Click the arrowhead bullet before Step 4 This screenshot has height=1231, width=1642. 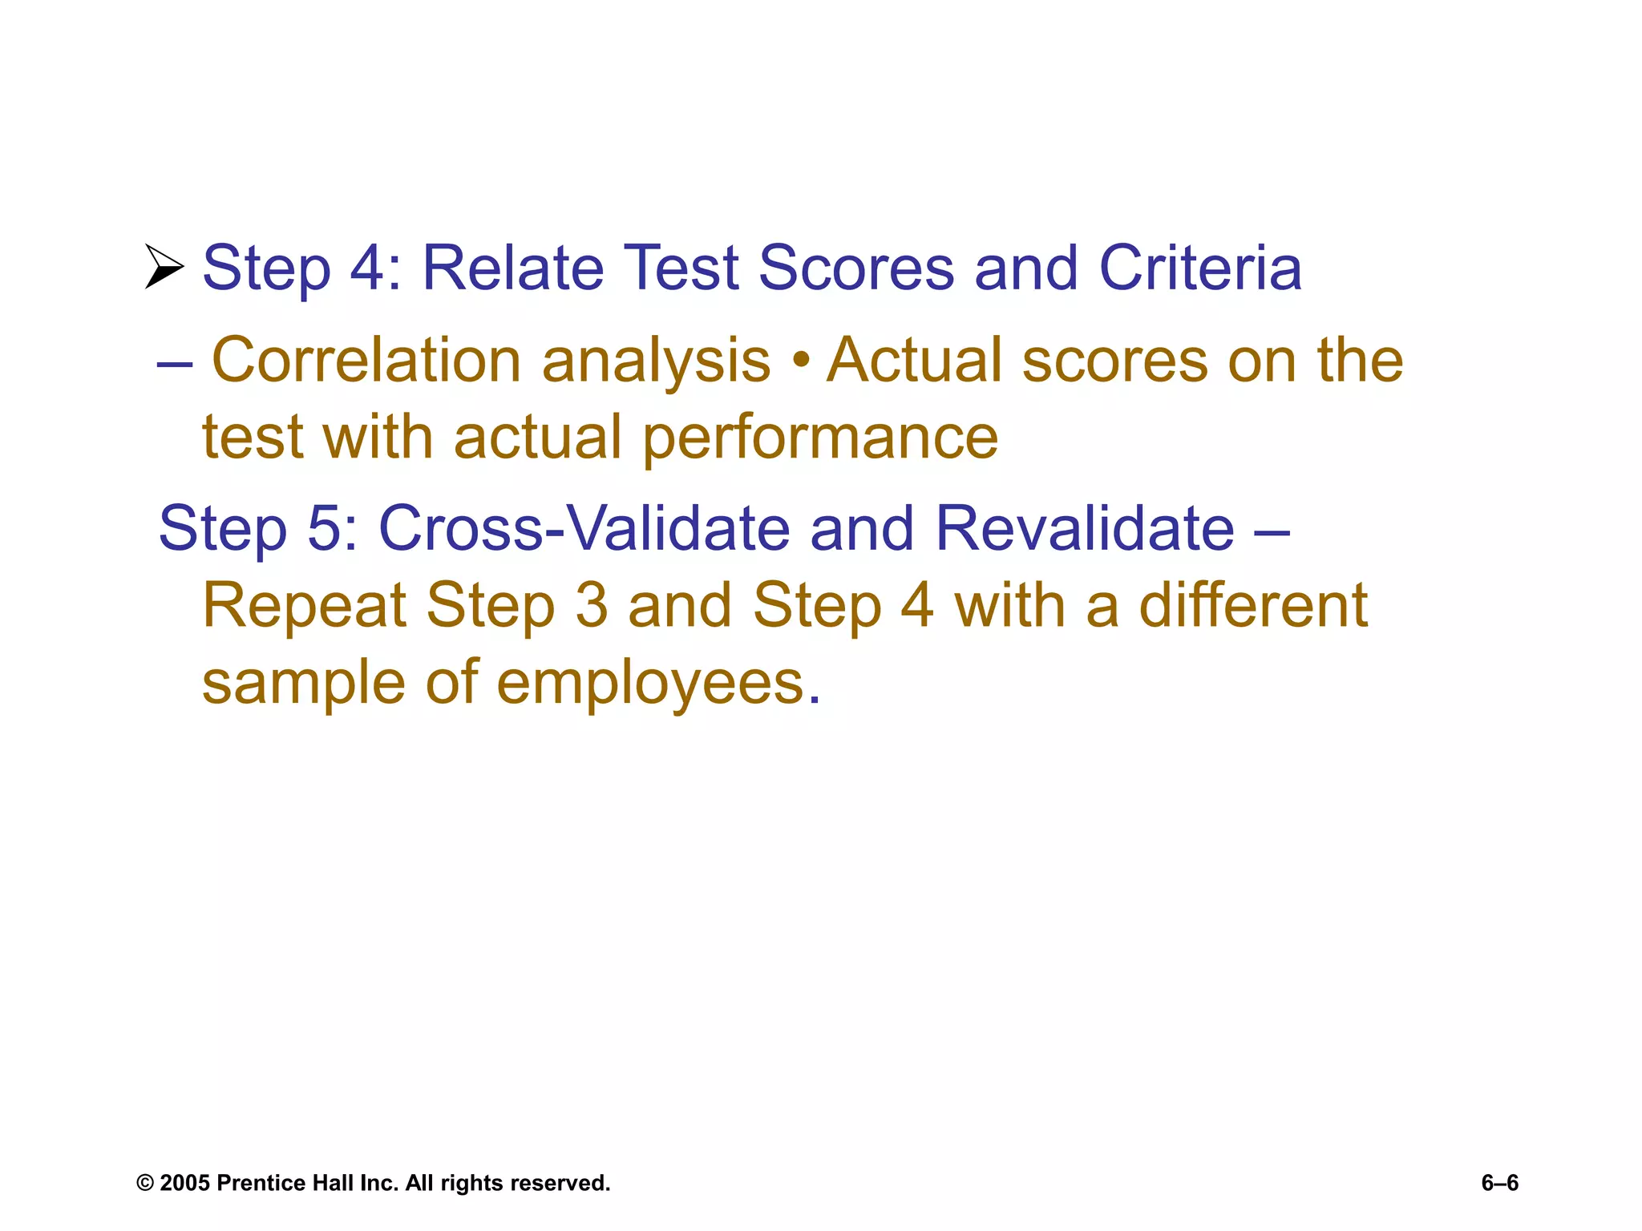(x=164, y=266)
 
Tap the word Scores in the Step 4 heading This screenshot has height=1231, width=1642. (x=856, y=268)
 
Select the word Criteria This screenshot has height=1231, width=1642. (x=1200, y=268)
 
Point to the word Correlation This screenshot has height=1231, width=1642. (x=366, y=361)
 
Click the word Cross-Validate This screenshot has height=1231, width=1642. (x=584, y=528)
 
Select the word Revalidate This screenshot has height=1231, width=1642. (x=1084, y=528)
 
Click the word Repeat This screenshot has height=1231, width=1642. (x=305, y=606)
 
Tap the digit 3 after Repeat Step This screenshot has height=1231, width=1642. (x=592, y=606)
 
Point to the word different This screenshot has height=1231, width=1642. (x=1253, y=606)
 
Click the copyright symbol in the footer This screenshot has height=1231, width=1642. (x=144, y=1184)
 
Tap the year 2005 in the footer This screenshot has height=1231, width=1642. (x=184, y=1184)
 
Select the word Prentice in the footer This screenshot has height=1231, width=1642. (x=261, y=1184)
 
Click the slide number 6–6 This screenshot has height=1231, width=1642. (x=1499, y=1184)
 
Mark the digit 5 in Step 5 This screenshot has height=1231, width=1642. (x=325, y=528)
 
